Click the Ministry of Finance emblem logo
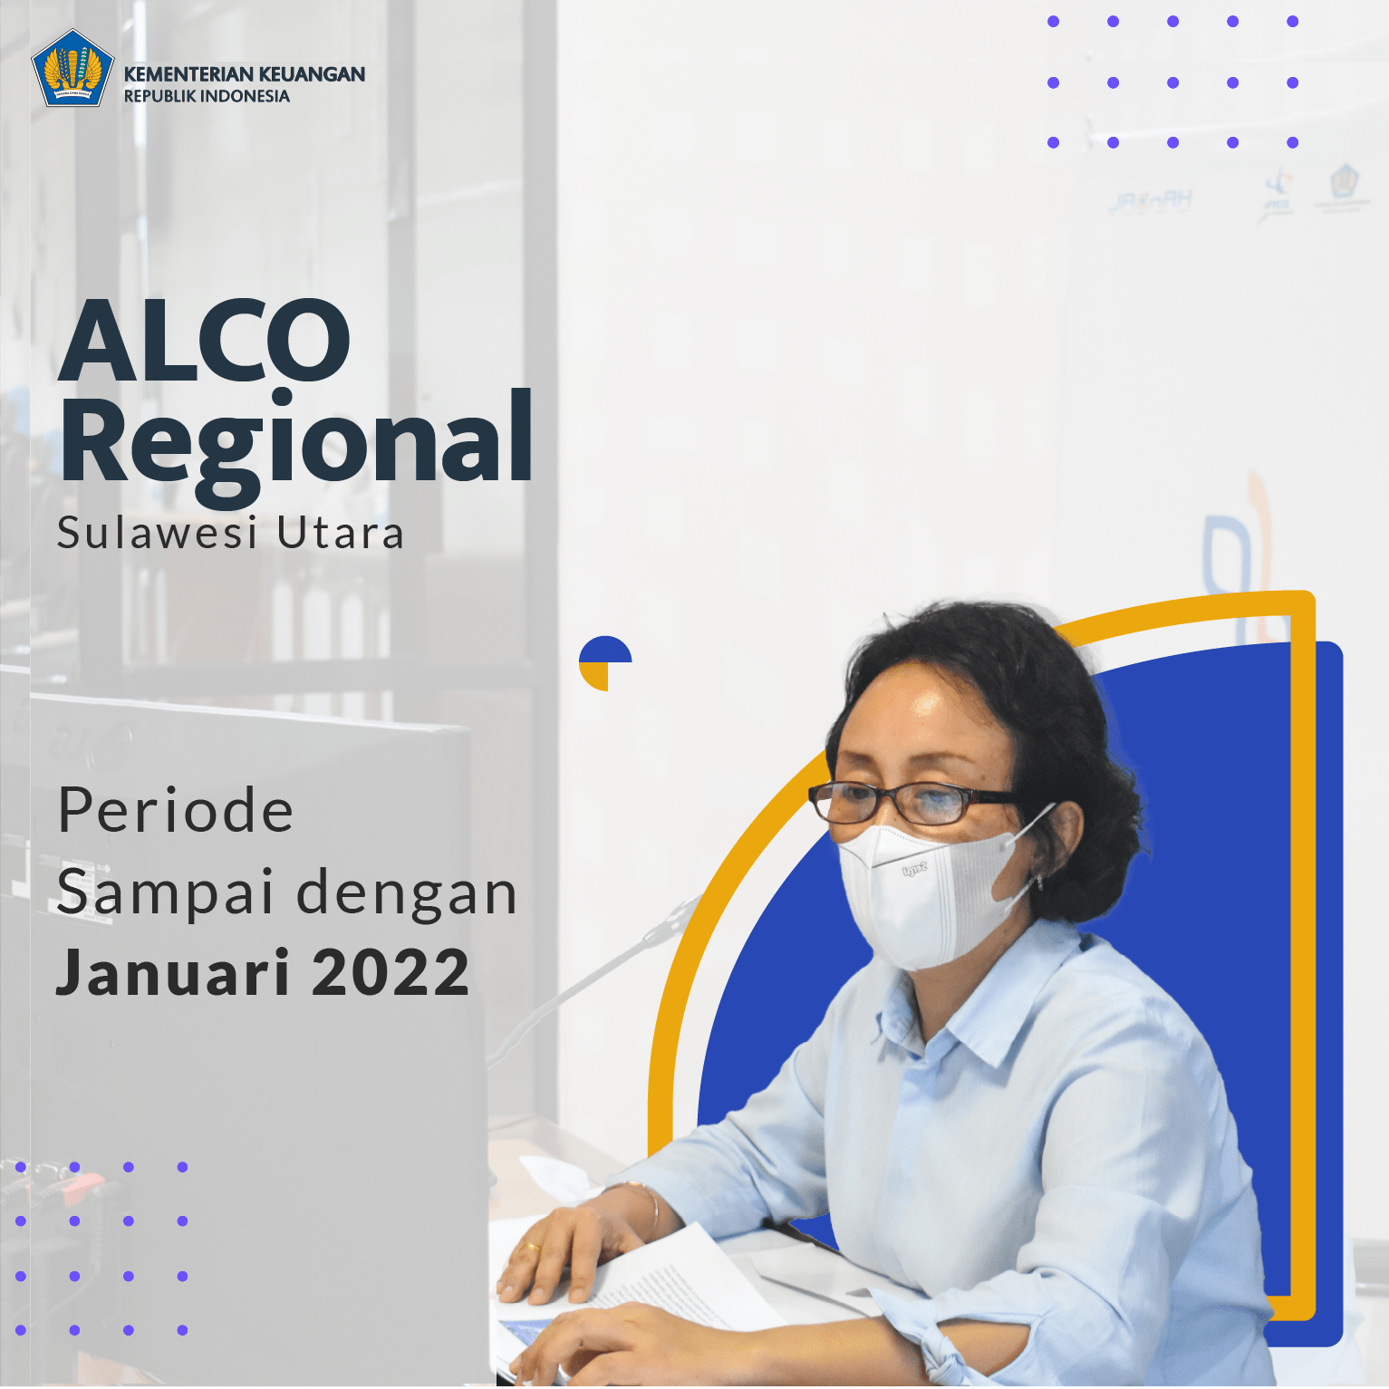click(72, 68)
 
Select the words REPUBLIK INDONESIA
click(207, 96)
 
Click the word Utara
click(340, 533)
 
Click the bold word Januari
click(173, 972)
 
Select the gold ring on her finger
click(530, 1248)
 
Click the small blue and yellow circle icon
click(605, 663)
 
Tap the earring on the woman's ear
click(1039, 880)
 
